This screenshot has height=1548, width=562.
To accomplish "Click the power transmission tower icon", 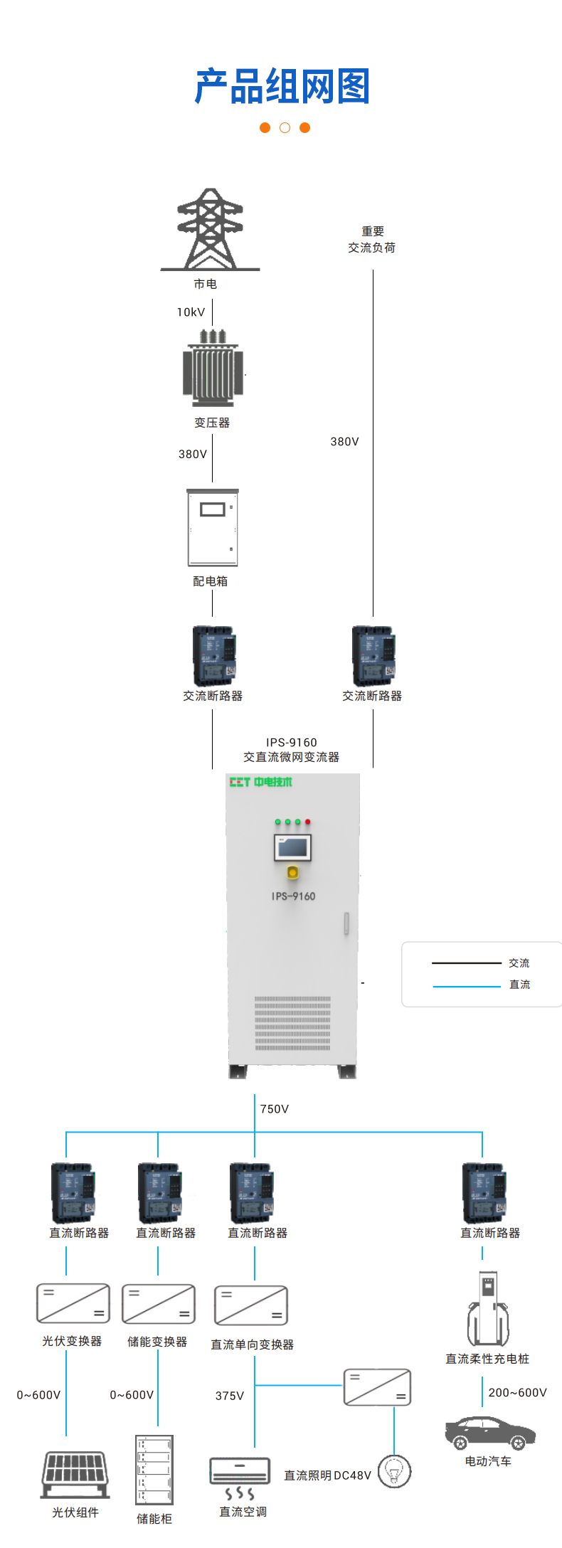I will (210, 229).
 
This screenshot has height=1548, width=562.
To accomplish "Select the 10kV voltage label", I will (191, 312).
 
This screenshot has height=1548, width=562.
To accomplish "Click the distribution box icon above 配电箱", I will (212, 527).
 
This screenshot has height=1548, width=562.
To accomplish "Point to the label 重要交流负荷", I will (372, 240).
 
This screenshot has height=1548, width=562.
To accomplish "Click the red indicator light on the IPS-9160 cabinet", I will (308, 822).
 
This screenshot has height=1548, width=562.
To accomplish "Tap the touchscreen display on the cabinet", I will (292, 847).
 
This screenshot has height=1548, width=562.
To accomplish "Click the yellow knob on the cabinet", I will (292, 872).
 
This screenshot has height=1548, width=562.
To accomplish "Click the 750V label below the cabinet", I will (274, 1109).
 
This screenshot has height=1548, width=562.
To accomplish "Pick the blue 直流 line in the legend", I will (467, 986).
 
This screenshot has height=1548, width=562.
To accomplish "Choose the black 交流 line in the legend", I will (467, 963).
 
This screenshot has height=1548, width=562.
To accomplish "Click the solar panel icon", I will (75, 1475).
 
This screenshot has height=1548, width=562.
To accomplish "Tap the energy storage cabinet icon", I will (154, 1469).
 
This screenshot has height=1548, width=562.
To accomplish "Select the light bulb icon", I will (394, 1471).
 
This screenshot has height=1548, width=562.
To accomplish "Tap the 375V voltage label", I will (229, 1396).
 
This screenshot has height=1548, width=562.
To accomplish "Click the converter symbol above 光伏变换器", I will (73, 1303).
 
